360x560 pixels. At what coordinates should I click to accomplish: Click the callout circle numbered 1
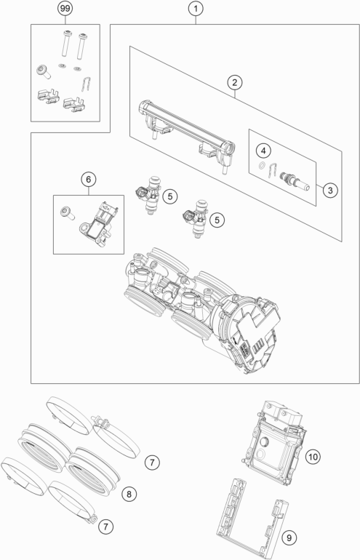coord(194,9)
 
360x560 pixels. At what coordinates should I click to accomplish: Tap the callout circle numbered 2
coord(233,83)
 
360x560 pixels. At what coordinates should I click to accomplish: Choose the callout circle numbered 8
coord(128,494)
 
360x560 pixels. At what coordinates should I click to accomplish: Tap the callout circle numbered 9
coord(289,537)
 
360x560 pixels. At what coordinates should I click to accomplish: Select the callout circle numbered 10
coord(313,457)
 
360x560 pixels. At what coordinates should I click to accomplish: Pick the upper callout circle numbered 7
coord(151,461)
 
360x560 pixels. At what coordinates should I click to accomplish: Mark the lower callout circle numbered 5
coord(216,218)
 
